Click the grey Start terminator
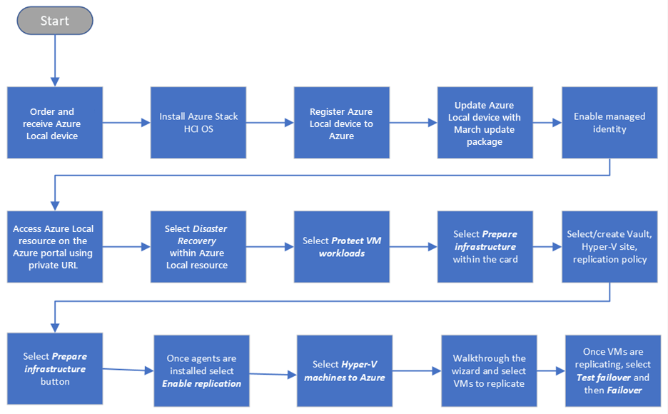(55, 21)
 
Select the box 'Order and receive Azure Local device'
(55, 123)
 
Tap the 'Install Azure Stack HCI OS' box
(198, 123)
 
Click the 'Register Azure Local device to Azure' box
(342, 123)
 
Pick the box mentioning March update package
(485, 123)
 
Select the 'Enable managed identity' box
(609, 123)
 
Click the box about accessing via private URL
(55, 246)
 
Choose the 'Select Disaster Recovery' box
(198, 246)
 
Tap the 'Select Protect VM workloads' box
(342, 246)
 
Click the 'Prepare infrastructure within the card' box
(485, 246)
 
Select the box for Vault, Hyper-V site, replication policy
(609, 246)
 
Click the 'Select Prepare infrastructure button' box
(55, 368)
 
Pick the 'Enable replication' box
(201, 370)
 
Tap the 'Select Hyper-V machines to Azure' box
(345, 370)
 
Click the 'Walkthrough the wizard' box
(489, 370)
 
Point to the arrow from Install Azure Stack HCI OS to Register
(270, 123)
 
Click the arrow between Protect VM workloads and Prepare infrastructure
(413, 246)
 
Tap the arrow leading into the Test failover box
(550, 371)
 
